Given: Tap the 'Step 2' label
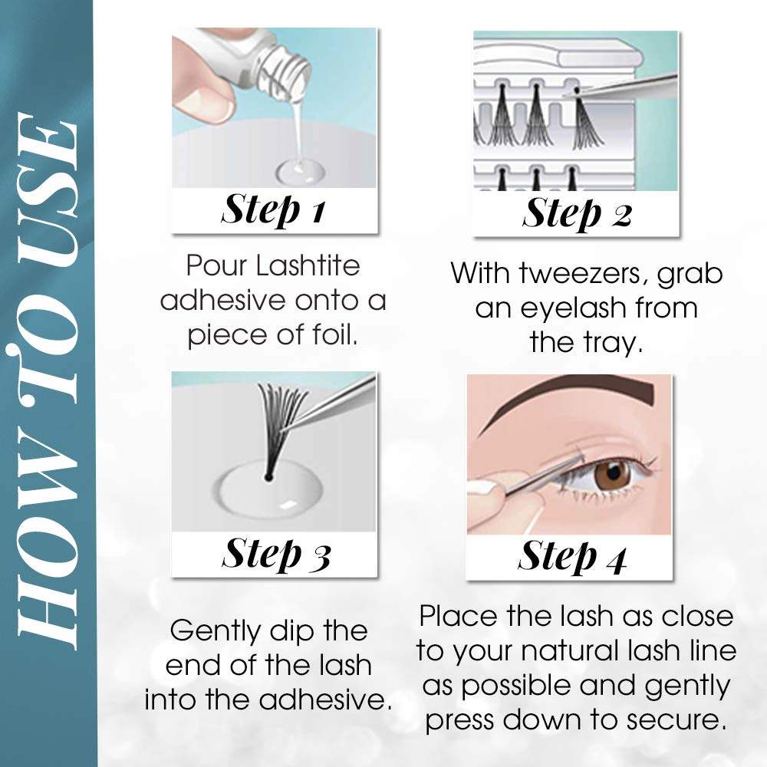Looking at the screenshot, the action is (578, 214).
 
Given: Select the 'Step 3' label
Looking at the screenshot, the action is (275, 555).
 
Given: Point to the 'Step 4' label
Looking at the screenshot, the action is (572, 557).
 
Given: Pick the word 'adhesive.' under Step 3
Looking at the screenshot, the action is (325, 700).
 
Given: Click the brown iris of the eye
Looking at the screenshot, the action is (611, 473).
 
